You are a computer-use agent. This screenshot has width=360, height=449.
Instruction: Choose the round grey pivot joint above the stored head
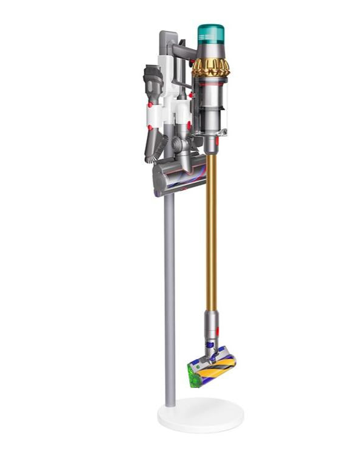(x=176, y=145)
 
